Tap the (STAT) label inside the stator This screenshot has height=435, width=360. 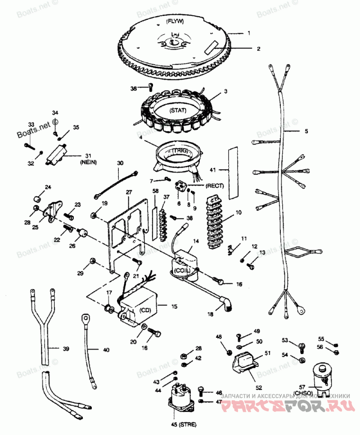[x=178, y=110]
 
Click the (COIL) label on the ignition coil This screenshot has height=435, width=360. [x=182, y=270]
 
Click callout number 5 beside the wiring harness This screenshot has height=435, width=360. [x=306, y=131]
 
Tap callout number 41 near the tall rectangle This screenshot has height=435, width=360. [x=213, y=170]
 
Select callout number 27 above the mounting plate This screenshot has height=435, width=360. [x=129, y=193]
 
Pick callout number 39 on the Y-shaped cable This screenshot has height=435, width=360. [x=66, y=349]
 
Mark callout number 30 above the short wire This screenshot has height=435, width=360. [x=120, y=163]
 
